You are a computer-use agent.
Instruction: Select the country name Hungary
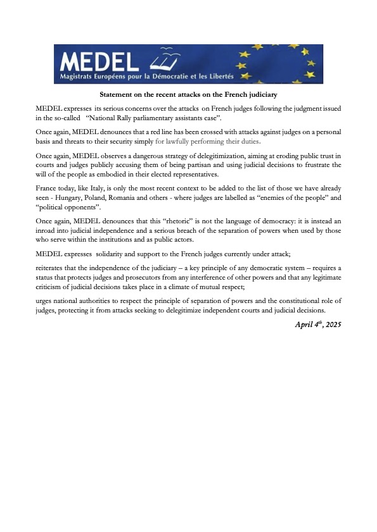(x=64, y=198)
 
